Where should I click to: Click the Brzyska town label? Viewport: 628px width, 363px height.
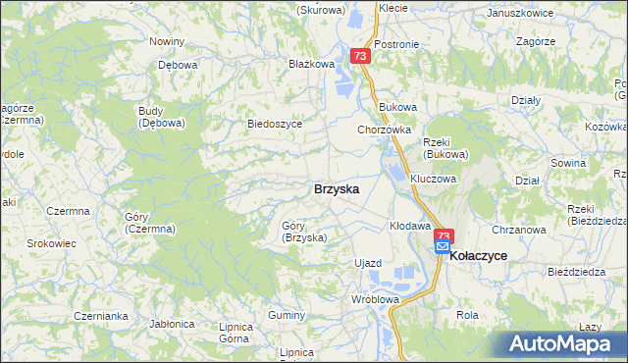tap(336, 188)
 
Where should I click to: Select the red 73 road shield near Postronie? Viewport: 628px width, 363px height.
tap(360, 56)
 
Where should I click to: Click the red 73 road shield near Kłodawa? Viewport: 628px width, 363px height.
tap(444, 235)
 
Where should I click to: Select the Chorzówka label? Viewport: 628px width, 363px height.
tap(383, 130)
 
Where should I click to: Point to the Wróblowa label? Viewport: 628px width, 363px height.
tap(377, 299)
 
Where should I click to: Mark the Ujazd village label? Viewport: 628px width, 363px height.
tap(367, 263)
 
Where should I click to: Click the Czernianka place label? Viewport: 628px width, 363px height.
tap(102, 316)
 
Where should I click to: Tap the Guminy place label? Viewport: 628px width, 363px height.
tap(287, 314)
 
